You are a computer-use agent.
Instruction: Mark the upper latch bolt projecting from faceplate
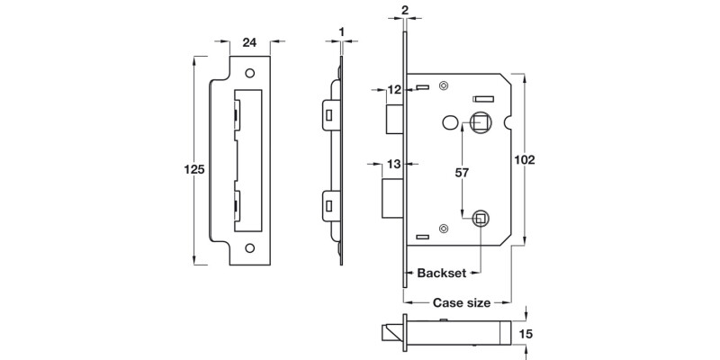click(x=393, y=117)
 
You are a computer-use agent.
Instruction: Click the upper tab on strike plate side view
click(x=328, y=115)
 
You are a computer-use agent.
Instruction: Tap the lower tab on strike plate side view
click(x=328, y=205)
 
